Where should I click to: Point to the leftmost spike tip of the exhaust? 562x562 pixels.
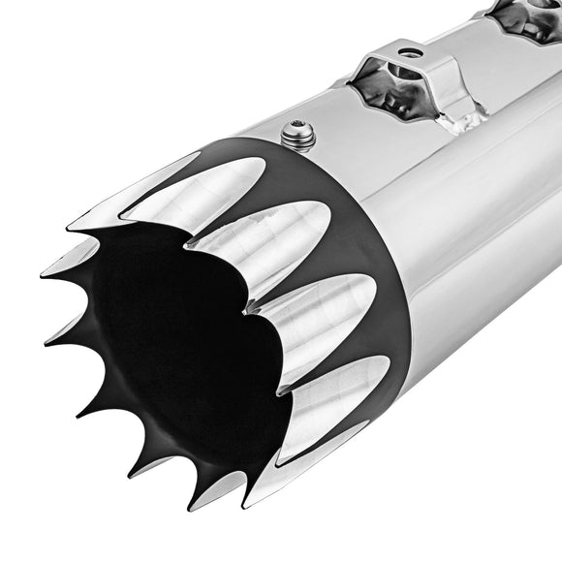[x=44, y=275]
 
